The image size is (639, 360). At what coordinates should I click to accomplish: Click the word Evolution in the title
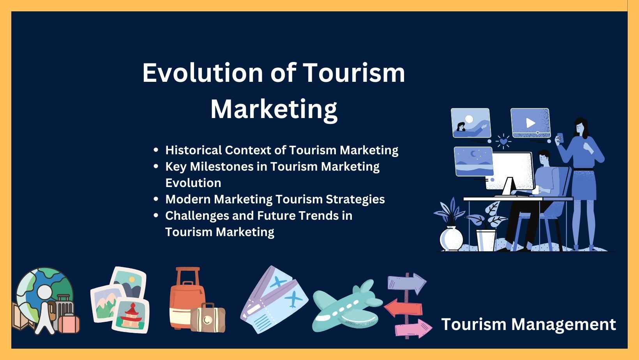coord(203,73)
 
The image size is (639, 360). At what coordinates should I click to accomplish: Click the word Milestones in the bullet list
coord(222,166)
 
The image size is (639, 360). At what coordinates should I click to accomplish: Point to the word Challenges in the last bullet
coord(197,216)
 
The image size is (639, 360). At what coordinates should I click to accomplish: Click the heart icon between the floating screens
coord(503,141)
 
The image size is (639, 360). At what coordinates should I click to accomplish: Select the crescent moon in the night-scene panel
coord(473,154)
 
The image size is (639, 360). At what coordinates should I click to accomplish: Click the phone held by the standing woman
coord(560,137)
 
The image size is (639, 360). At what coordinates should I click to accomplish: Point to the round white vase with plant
coord(451,238)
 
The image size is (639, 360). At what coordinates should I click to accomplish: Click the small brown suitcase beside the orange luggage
coord(208,318)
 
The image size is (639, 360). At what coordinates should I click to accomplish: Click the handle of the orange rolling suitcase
coord(188,275)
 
